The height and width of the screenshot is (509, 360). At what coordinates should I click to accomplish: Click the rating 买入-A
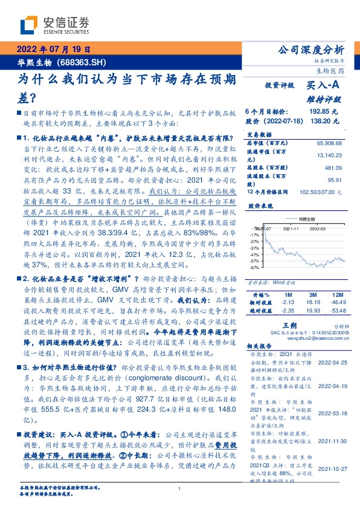point(323,86)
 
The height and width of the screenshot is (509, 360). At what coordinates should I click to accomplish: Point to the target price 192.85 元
point(324,112)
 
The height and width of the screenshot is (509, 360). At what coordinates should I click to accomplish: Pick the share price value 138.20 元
point(324,121)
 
